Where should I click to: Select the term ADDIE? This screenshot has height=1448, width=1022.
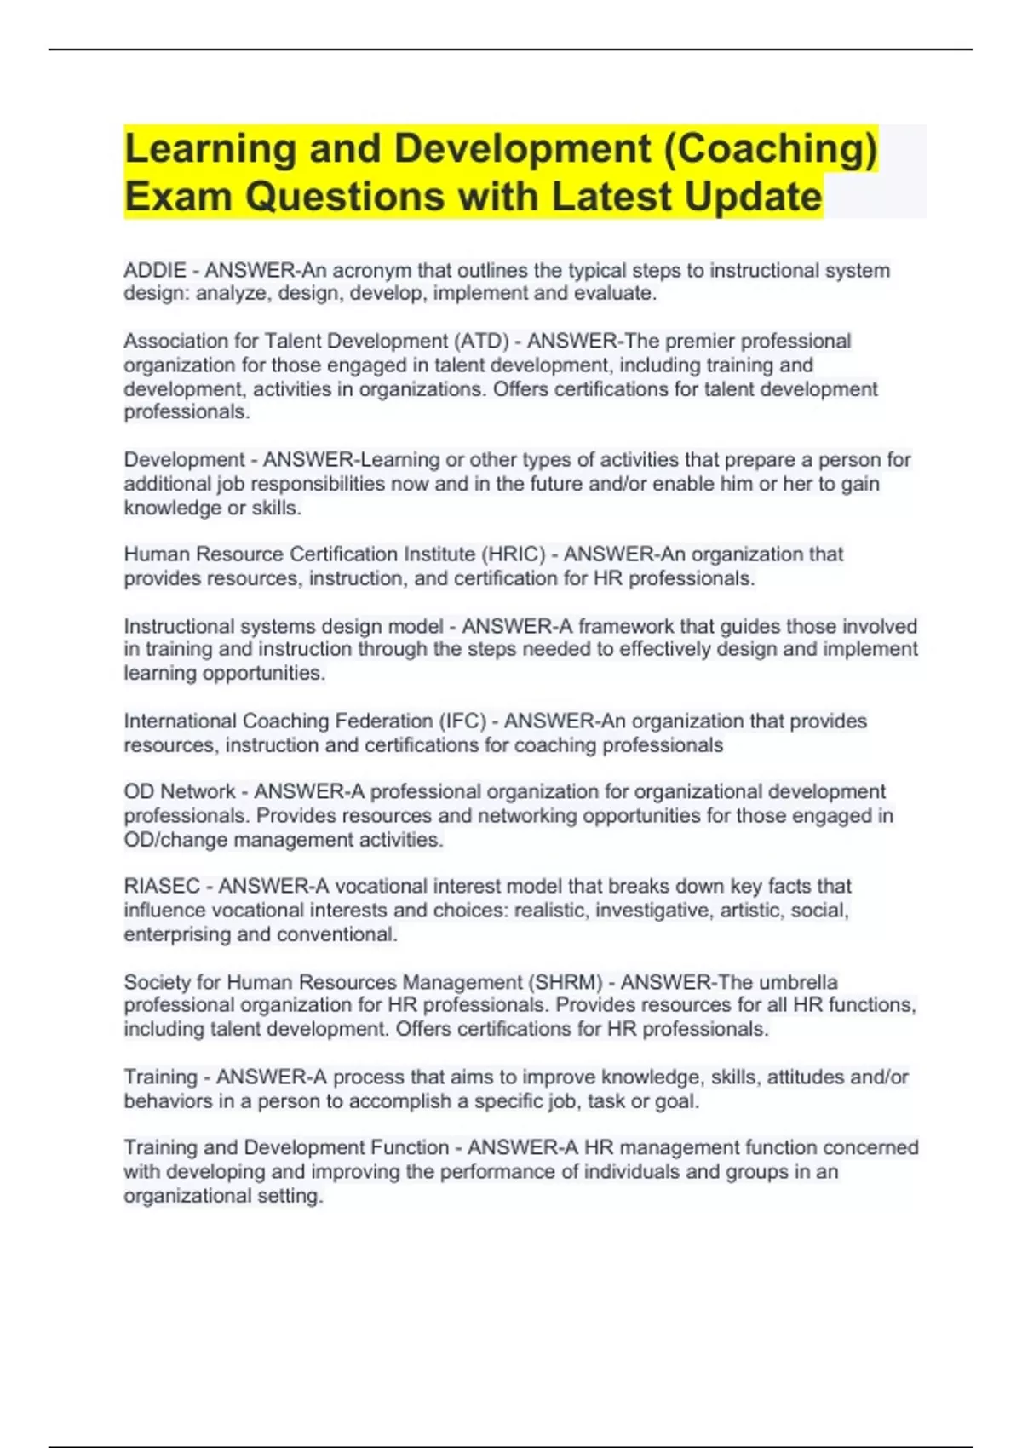155,271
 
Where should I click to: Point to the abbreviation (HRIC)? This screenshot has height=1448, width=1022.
513,554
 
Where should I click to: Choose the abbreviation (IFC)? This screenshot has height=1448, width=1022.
462,721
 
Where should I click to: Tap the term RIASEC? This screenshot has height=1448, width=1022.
162,887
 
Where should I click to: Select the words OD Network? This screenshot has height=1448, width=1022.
179,792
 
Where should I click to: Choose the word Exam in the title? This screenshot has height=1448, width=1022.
178,197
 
